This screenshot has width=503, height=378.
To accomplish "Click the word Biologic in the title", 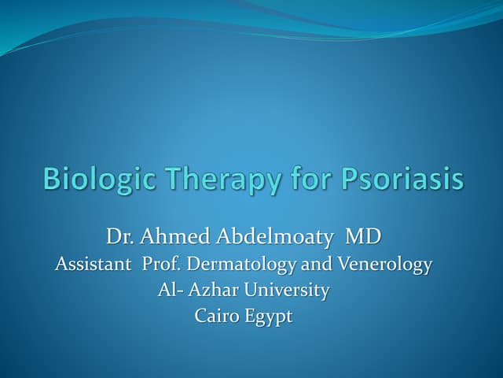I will click(x=90, y=178).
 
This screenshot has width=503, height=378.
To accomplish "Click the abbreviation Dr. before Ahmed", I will click(x=119, y=237).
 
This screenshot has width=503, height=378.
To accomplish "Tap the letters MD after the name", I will click(x=368, y=237).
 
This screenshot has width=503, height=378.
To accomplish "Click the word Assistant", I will click(x=93, y=265).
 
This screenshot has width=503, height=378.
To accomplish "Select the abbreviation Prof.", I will click(x=161, y=265).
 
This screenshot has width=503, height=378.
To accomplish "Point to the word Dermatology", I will click(x=237, y=265).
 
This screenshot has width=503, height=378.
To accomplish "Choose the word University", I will click(x=285, y=291).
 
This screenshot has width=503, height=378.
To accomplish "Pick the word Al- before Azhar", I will click(x=169, y=290).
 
